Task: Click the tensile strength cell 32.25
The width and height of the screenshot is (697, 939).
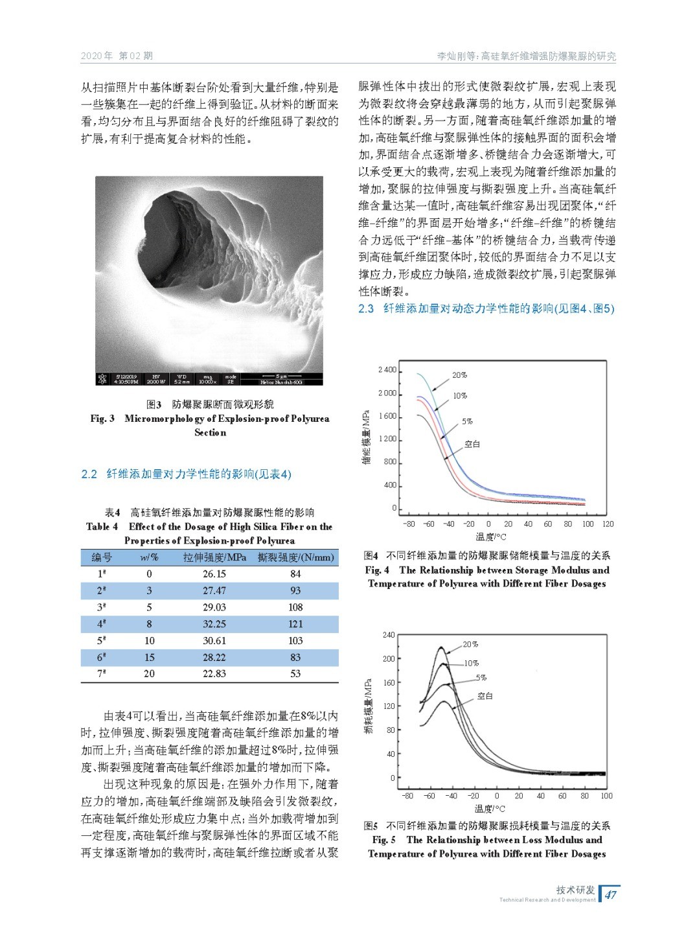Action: tap(214, 624)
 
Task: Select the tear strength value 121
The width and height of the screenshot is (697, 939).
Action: tap(295, 624)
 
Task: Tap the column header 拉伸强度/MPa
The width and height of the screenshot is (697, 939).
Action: tap(214, 557)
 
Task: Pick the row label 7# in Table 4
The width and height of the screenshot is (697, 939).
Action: tap(102, 673)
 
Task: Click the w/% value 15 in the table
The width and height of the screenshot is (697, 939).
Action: tap(149, 657)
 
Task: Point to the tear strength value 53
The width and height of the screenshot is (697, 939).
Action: tap(295, 673)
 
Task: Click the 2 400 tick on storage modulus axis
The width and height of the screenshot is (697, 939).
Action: tap(387, 370)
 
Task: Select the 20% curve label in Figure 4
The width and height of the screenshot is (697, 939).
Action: tap(459, 375)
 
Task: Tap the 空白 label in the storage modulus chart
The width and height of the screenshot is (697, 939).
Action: tap(472, 444)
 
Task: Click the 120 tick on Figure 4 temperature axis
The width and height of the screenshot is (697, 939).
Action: tap(608, 524)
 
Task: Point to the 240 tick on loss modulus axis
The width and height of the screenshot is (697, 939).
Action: tap(388, 635)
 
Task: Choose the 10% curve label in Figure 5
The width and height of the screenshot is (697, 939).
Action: tap(471, 663)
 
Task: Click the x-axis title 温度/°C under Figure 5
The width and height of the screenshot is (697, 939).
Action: tap(490, 809)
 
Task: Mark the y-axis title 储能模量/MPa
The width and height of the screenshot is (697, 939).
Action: tap(367, 437)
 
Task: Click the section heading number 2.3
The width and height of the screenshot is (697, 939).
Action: tap(366, 308)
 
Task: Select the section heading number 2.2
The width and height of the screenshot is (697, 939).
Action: tap(89, 474)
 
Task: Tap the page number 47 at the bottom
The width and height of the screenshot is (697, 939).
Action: tap(610, 895)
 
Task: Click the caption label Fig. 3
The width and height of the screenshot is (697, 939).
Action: tap(102, 419)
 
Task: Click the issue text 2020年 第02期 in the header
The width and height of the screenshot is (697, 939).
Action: tap(117, 56)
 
